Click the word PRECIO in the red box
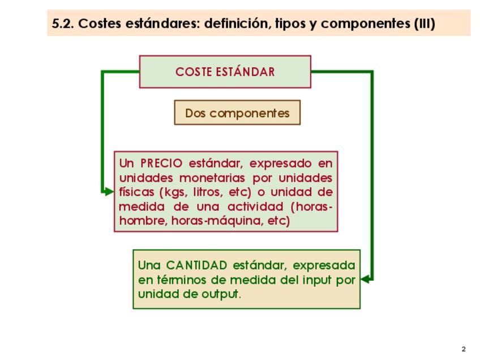click(x=161, y=163)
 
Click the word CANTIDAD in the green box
click(x=196, y=265)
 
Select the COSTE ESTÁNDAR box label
click(x=225, y=72)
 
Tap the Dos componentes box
click(x=237, y=112)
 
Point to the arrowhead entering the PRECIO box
click(x=109, y=192)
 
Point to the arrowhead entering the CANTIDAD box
click(x=365, y=279)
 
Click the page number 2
click(x=464, y=349)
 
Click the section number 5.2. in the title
click(x=63, y=24)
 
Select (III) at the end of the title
click(x=425, y=24)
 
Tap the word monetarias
click(x=212, y=178)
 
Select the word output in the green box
click(x=221, y=294)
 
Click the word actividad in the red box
click(x=255, y=207)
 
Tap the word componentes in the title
click(x=365, y=24)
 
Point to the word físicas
click(x=136, y=192)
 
